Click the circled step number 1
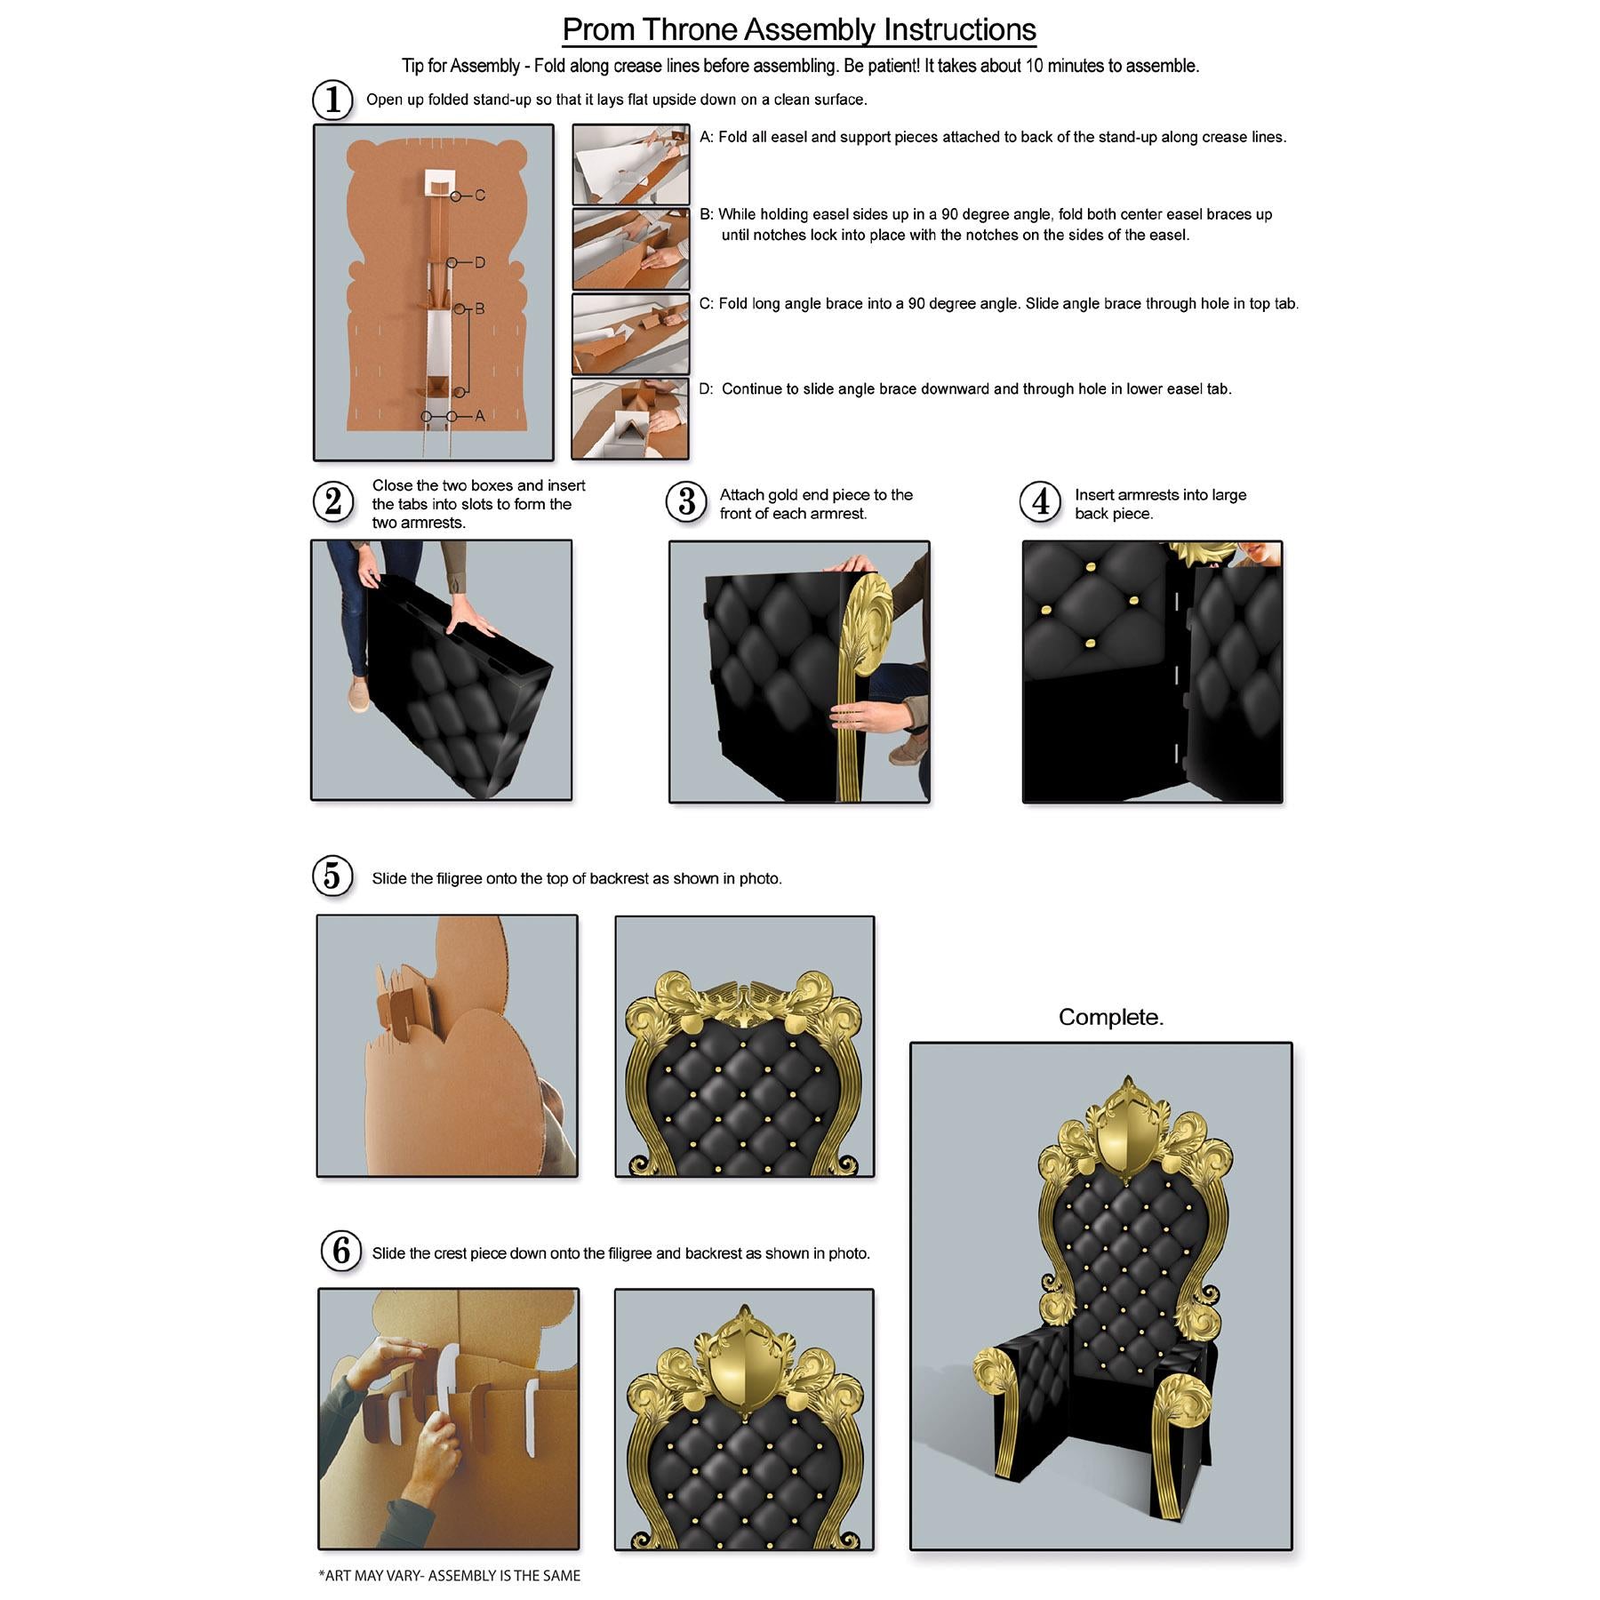tap(332, 100)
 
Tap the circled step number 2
tap(333, 501)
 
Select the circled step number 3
tap(686, 501)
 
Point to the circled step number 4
tap(1040, 501)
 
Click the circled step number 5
tap(332, 876)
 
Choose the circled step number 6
tap(341, 1252)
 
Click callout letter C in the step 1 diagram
tap(480, 196)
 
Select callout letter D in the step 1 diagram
tap(480, 263)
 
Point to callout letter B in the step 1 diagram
tap(480, 309)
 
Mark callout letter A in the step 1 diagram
tap(480, 416)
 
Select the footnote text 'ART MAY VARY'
tap(374, 1575)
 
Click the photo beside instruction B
tap(630, 250)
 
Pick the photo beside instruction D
tap(630, 419)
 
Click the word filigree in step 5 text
tap(460, 878)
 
